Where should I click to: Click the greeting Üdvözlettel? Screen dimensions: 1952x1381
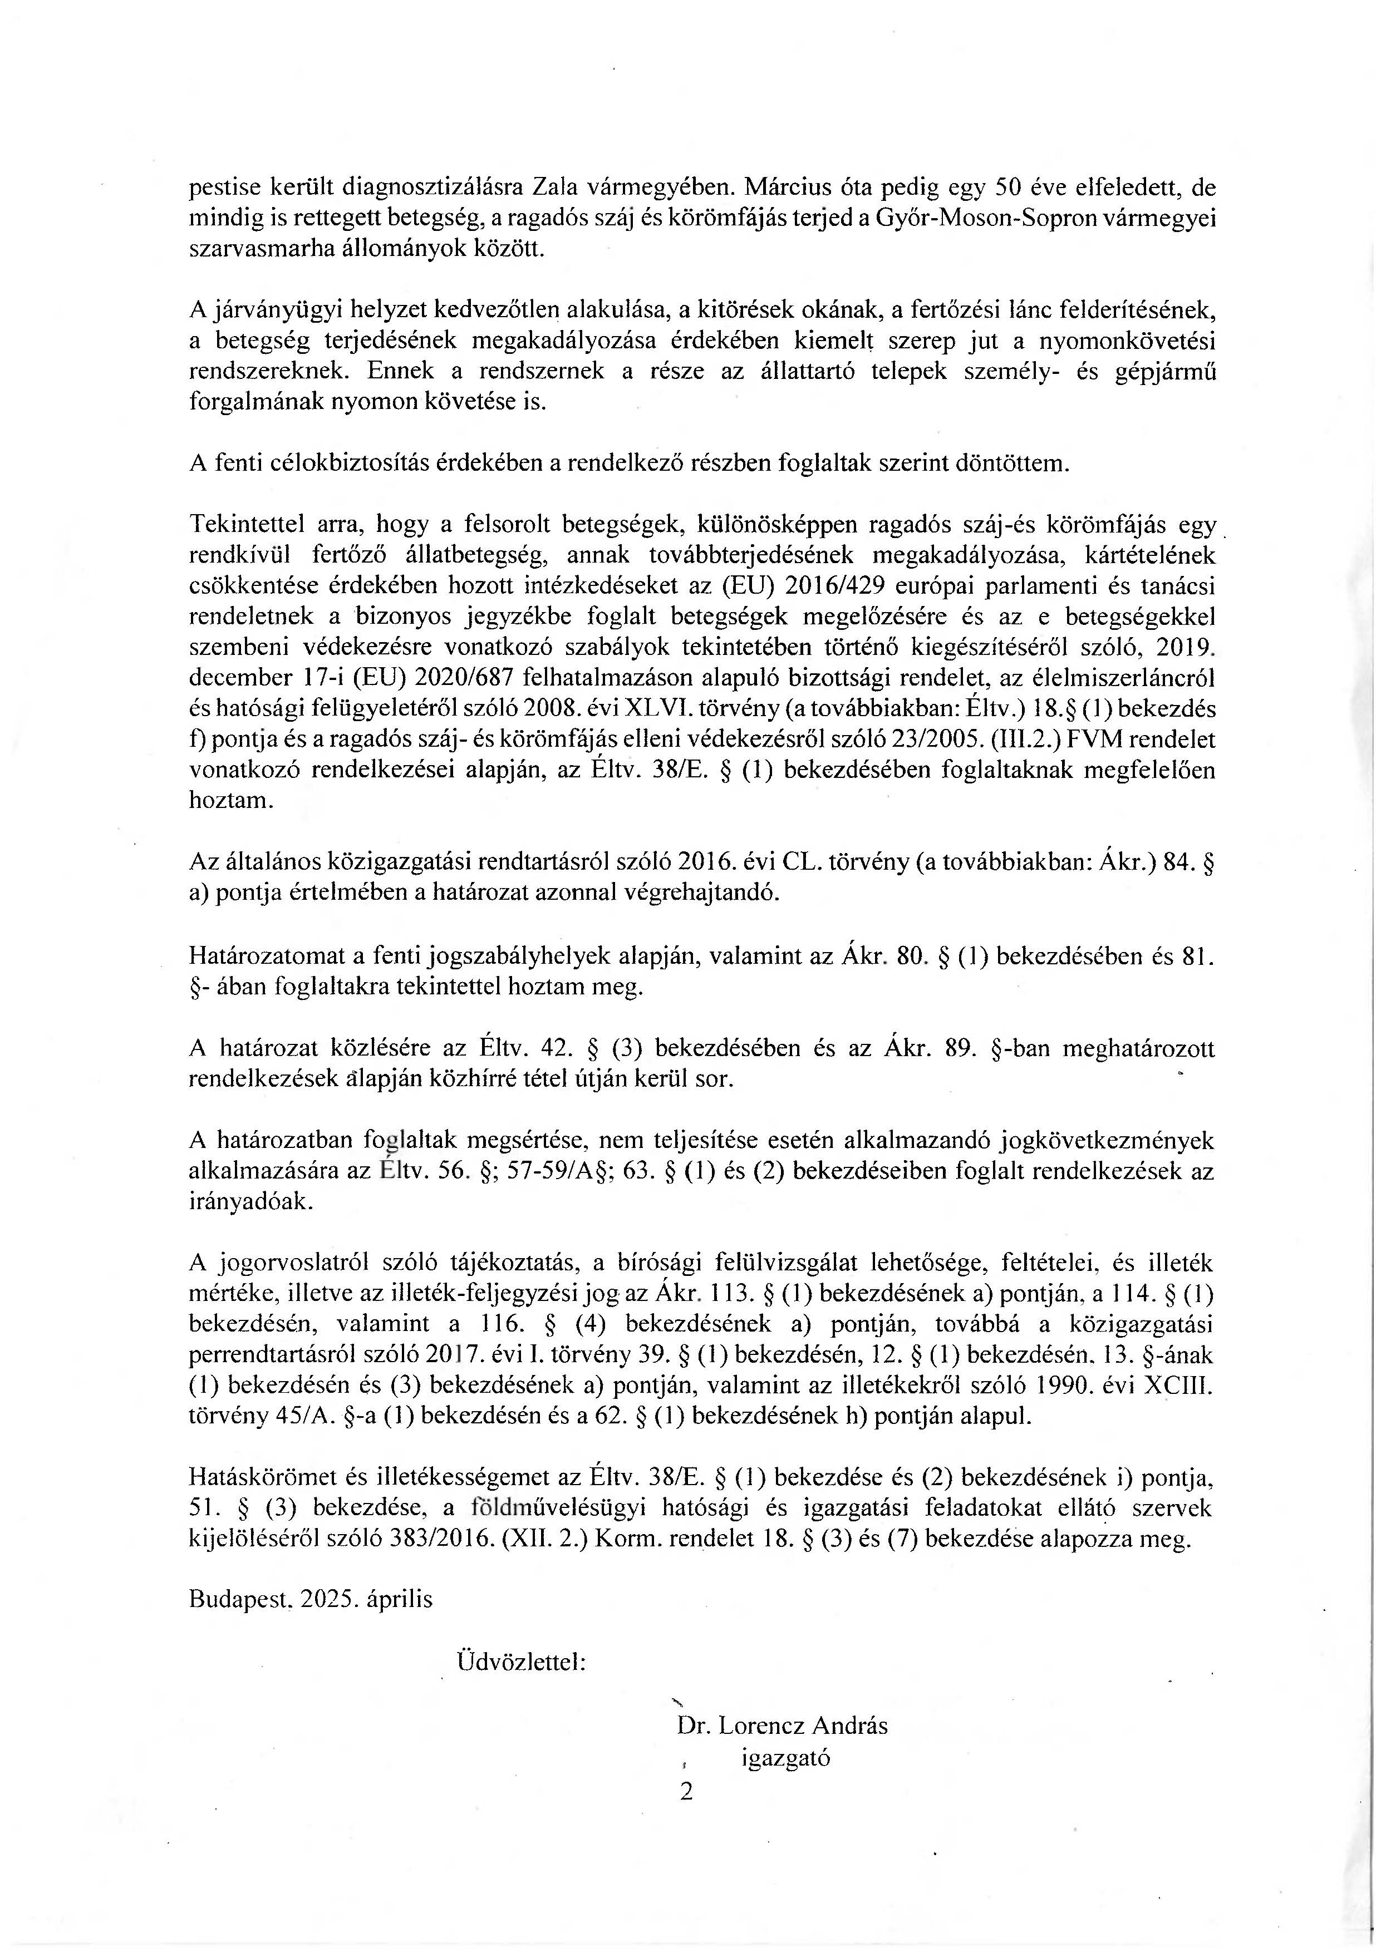520,1659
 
